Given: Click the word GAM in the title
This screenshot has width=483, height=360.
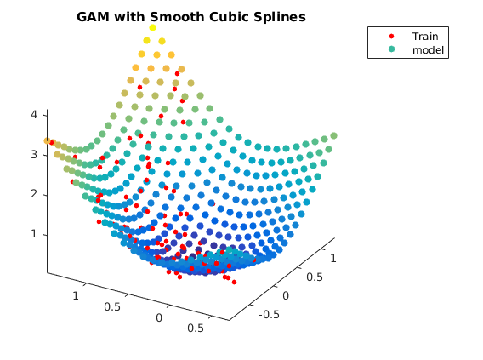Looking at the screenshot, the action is (93, 17).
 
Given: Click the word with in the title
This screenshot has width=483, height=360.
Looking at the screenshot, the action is (129, 17).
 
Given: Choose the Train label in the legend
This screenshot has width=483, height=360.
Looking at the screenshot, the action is (425, 37).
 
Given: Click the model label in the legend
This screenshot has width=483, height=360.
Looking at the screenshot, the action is (429, 50).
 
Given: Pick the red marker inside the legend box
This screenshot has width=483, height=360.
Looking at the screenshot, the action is (391, 36).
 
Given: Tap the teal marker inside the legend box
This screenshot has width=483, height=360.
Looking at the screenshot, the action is (391, 49).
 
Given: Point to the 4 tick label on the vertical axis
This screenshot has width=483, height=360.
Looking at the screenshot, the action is (34, 115).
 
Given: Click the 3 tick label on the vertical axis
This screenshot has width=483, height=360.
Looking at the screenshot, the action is (34, 154).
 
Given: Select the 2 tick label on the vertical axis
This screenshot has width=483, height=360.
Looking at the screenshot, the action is (34, 194).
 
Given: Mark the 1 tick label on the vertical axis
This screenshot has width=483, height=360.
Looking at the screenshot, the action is (34, 234).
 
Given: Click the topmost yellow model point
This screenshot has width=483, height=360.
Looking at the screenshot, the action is (152, 28).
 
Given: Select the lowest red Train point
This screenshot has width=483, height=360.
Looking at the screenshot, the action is (234, 282).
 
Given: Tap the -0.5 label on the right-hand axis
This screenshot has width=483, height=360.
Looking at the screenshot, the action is (270, 315).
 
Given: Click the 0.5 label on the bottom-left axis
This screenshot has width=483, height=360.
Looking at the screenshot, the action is (112, 307).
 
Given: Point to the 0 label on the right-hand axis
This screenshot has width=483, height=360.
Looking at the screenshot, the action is (286, 296).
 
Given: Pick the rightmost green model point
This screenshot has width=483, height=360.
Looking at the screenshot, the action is (333, 135).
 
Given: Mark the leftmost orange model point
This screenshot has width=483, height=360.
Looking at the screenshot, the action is (47, 141).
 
